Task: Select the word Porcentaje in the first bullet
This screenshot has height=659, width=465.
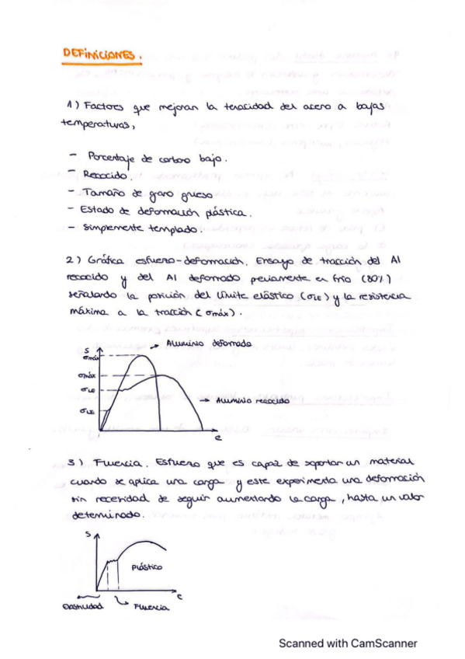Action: click(114, 159)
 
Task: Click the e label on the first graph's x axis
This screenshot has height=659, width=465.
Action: click(219, 438)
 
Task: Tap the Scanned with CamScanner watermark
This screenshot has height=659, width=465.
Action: click(348, 643)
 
